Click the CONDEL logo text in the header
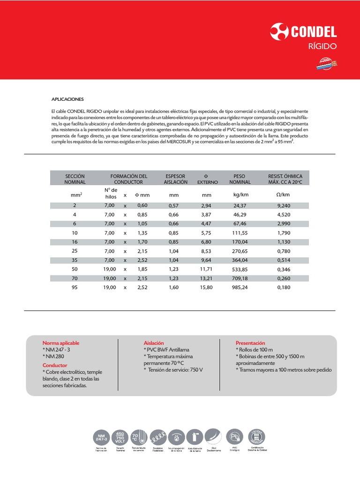314,32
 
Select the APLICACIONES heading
67,99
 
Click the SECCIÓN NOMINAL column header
75,179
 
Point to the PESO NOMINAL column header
239,179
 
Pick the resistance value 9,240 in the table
284,205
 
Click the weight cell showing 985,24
240,287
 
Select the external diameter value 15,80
207,287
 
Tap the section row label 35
74,260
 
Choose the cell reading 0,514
284,260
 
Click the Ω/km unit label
283,195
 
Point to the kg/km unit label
240,195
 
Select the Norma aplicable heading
61,343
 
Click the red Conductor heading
55,365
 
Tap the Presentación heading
250,343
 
